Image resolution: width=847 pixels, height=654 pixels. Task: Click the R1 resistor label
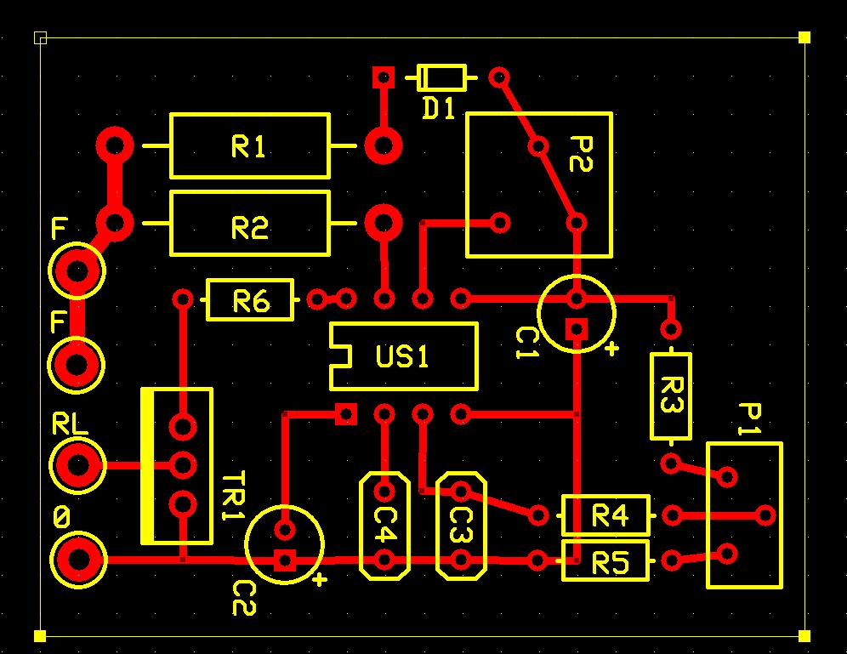248,146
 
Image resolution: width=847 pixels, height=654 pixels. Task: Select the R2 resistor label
249,228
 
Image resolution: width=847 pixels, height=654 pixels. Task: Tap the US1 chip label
402,356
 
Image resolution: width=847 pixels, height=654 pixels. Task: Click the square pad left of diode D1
384,77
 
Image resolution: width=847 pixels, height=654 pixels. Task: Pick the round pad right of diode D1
499,77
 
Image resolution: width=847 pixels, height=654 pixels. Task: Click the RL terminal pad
77,465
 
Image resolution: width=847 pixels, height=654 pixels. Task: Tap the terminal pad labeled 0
77,560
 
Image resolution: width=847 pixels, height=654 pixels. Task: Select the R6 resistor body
250,299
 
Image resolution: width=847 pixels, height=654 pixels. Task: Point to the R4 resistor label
610,515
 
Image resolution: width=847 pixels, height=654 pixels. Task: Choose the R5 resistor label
611,564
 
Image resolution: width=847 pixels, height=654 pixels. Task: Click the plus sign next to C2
321,580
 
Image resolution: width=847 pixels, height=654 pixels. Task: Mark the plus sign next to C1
611,349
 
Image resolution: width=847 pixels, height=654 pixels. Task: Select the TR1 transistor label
233,495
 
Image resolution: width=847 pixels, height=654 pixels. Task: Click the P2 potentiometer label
581,154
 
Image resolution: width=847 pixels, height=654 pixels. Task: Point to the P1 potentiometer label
750,418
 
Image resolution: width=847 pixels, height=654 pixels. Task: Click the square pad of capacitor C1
577,329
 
